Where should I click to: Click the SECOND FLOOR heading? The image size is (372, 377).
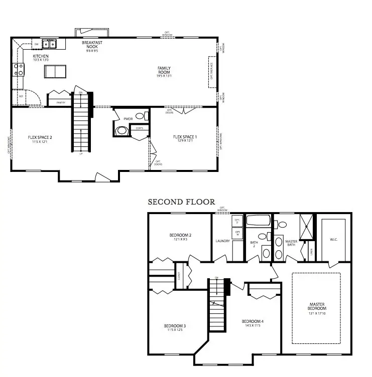tap(181, 202)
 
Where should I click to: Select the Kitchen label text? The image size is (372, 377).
tap(41, 56)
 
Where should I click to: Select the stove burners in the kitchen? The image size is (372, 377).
tap(19, 69)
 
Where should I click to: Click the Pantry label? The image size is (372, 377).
tap(60, 102)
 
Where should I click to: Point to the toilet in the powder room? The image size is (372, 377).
tap(121, 131)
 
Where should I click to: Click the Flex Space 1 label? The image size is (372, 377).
tap(185, 137)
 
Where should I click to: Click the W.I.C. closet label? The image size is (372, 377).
tap(333, 240)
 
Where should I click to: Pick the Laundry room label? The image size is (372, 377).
tap(222, 241)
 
